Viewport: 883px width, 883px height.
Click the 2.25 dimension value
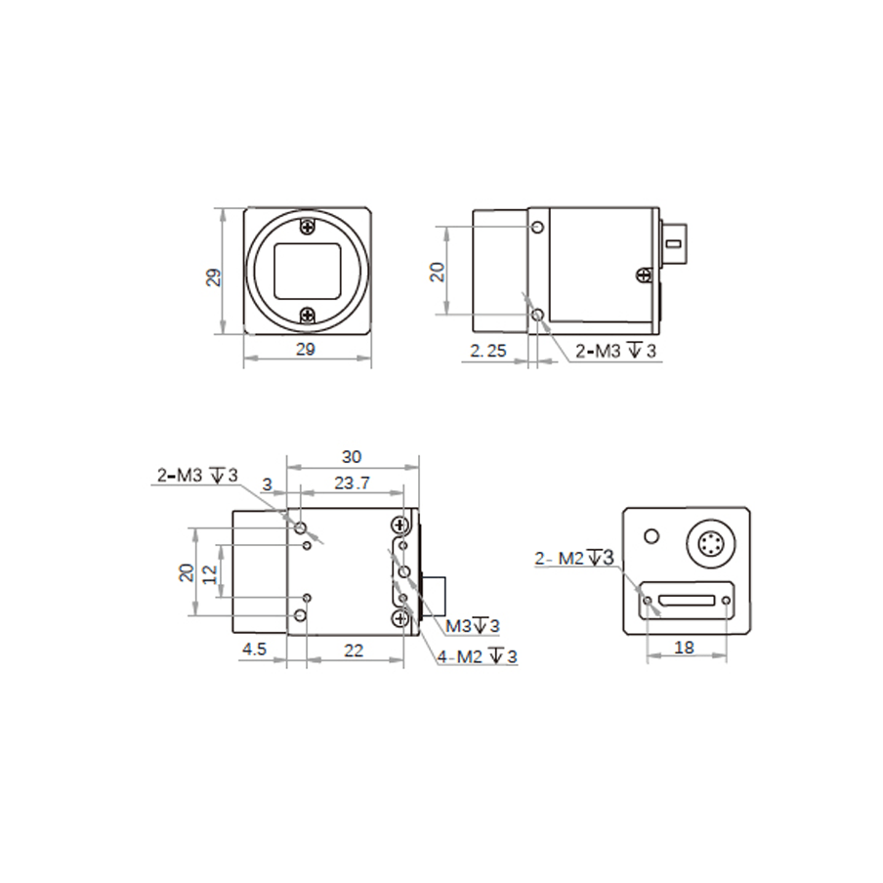pos(488,351)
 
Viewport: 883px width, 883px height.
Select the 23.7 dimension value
pos(352,484)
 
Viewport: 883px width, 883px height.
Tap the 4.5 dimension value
pos(254,650)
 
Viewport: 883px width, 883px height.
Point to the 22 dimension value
pos(354,651)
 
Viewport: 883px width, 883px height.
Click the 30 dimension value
pos(352,457)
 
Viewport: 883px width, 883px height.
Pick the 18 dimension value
pos(684,648)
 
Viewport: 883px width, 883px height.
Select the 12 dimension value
pos(209,573)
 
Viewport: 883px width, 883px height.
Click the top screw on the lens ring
pos(308,227)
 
